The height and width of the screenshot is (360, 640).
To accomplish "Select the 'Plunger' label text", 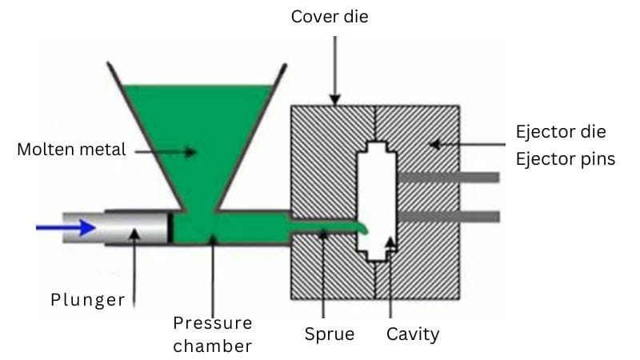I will click(88, 300).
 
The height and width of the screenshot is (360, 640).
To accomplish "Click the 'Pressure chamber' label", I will click(212, 334).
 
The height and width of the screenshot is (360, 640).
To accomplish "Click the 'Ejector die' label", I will click(560, 131).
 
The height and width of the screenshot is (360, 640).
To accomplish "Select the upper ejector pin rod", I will click(448, 177).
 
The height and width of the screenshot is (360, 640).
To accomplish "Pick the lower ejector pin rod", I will click(448, 216).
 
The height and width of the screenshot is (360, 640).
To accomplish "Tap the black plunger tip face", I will click(170, 228).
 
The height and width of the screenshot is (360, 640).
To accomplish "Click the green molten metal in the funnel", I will click(200, 136).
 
